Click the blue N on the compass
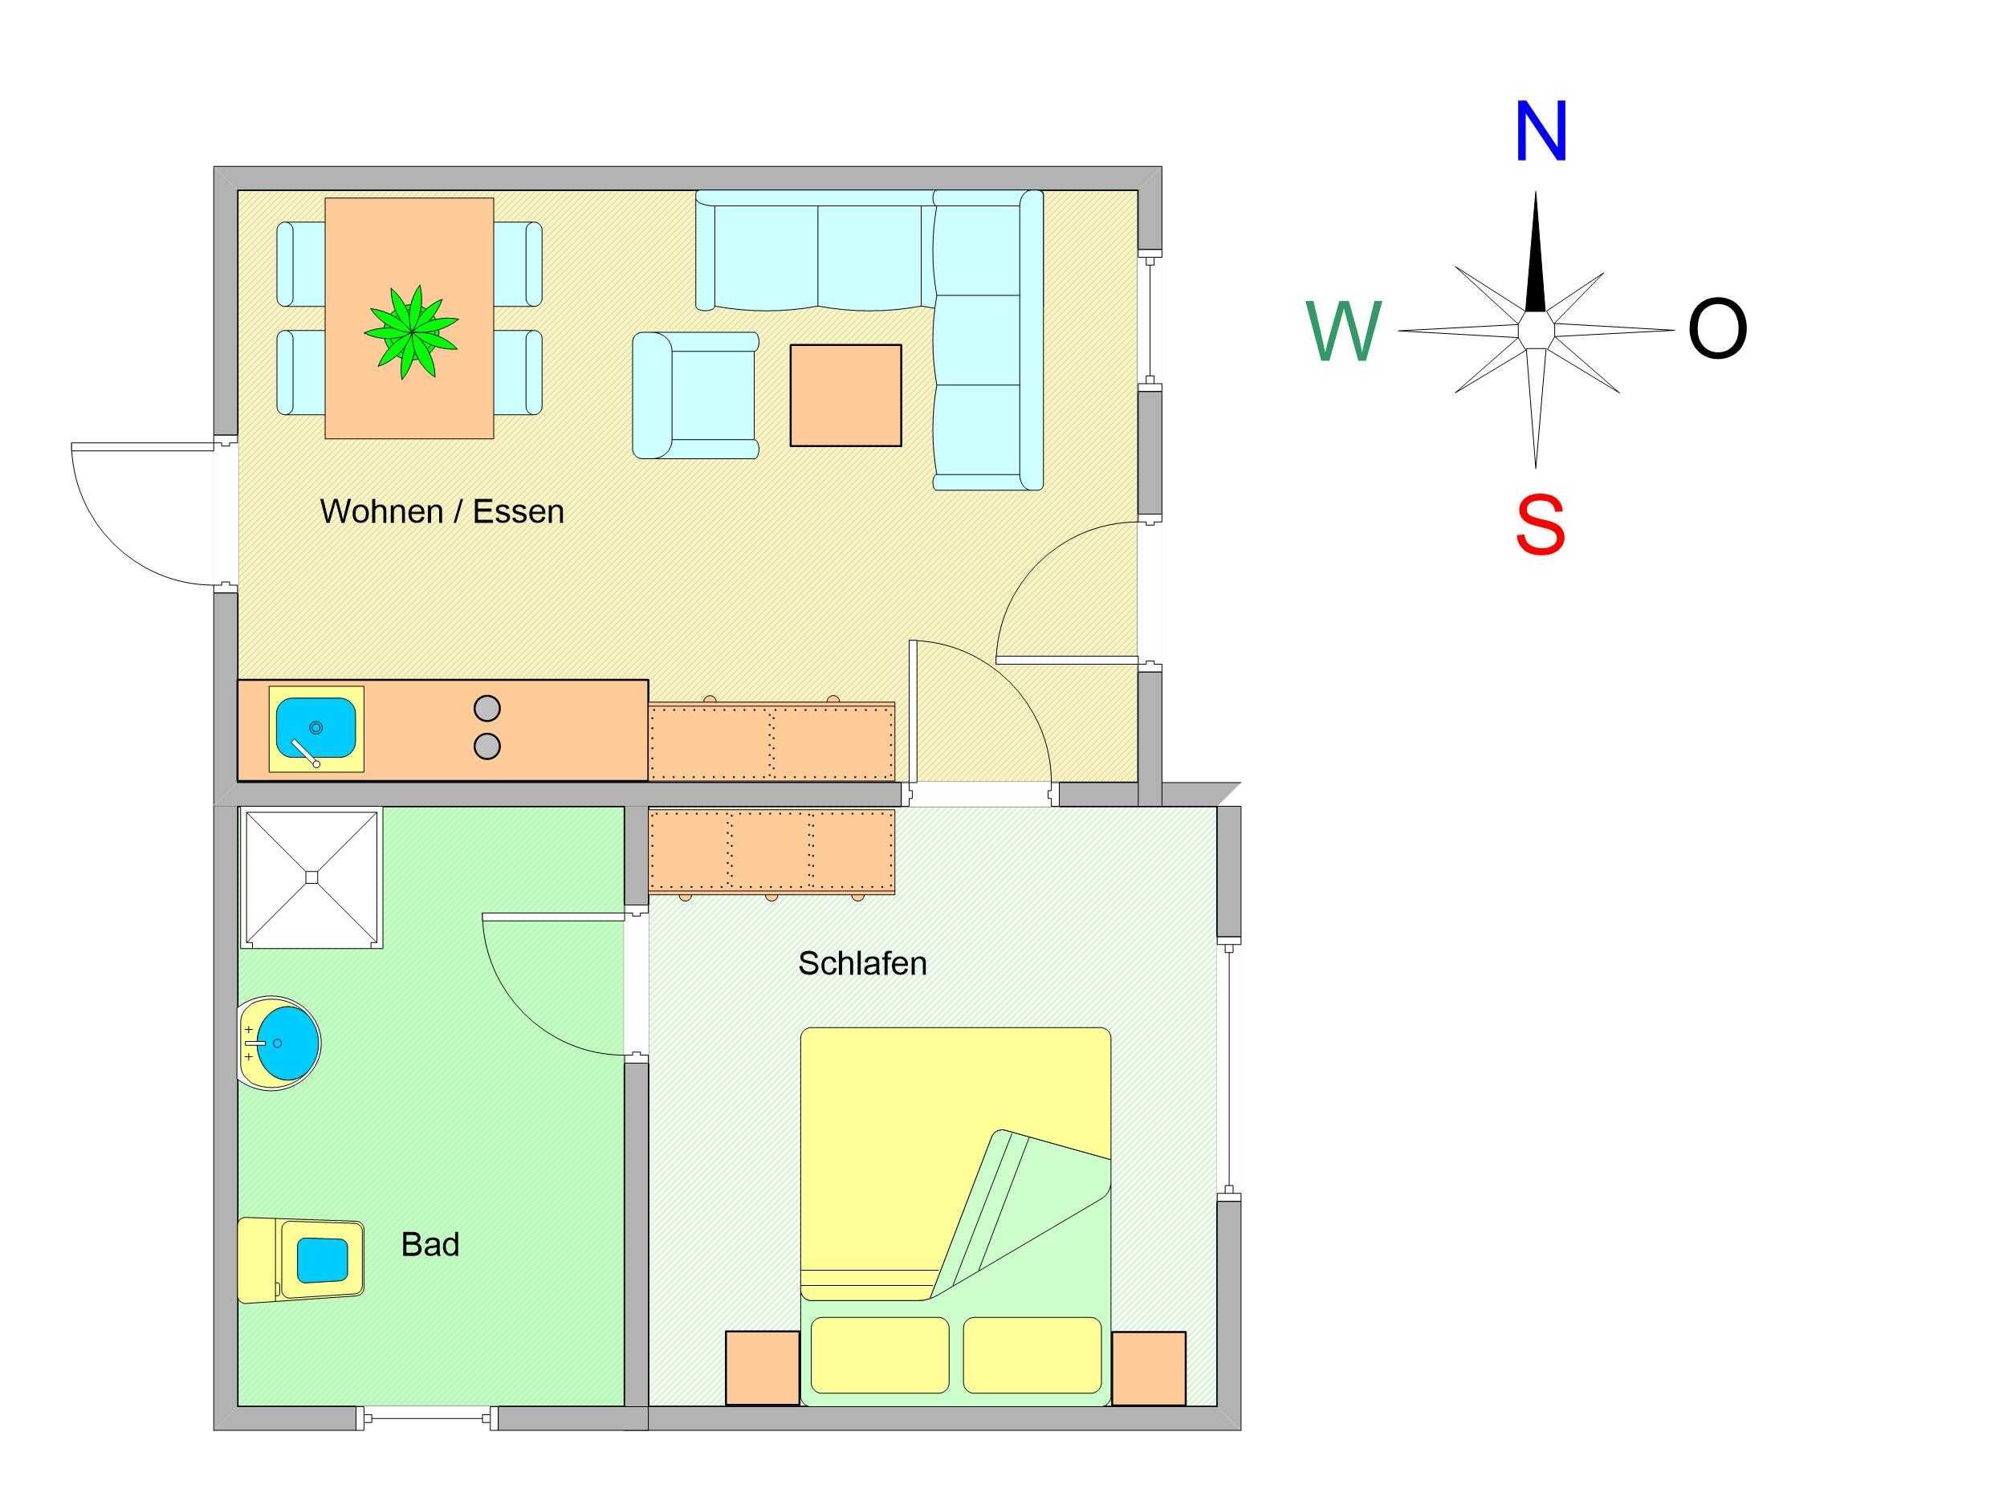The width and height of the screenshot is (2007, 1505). pos(1541,132)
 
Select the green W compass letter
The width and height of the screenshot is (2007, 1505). pos(1344,332)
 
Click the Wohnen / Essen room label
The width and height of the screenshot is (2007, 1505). pos(442,511)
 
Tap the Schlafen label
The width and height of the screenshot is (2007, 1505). pos(862,963)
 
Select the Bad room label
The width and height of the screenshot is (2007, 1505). pos(430,1245)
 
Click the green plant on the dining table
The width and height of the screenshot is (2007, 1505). pos(412,332)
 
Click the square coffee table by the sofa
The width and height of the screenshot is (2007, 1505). pos(845,396)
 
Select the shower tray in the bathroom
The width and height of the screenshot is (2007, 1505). pos(311,877)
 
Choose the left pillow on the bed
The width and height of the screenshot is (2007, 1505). pos(879,1356)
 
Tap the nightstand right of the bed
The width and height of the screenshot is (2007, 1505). pos(1149,1368)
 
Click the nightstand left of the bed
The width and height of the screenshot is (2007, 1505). pos(762,1368)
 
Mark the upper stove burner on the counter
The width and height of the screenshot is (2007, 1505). pos(487,708)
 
